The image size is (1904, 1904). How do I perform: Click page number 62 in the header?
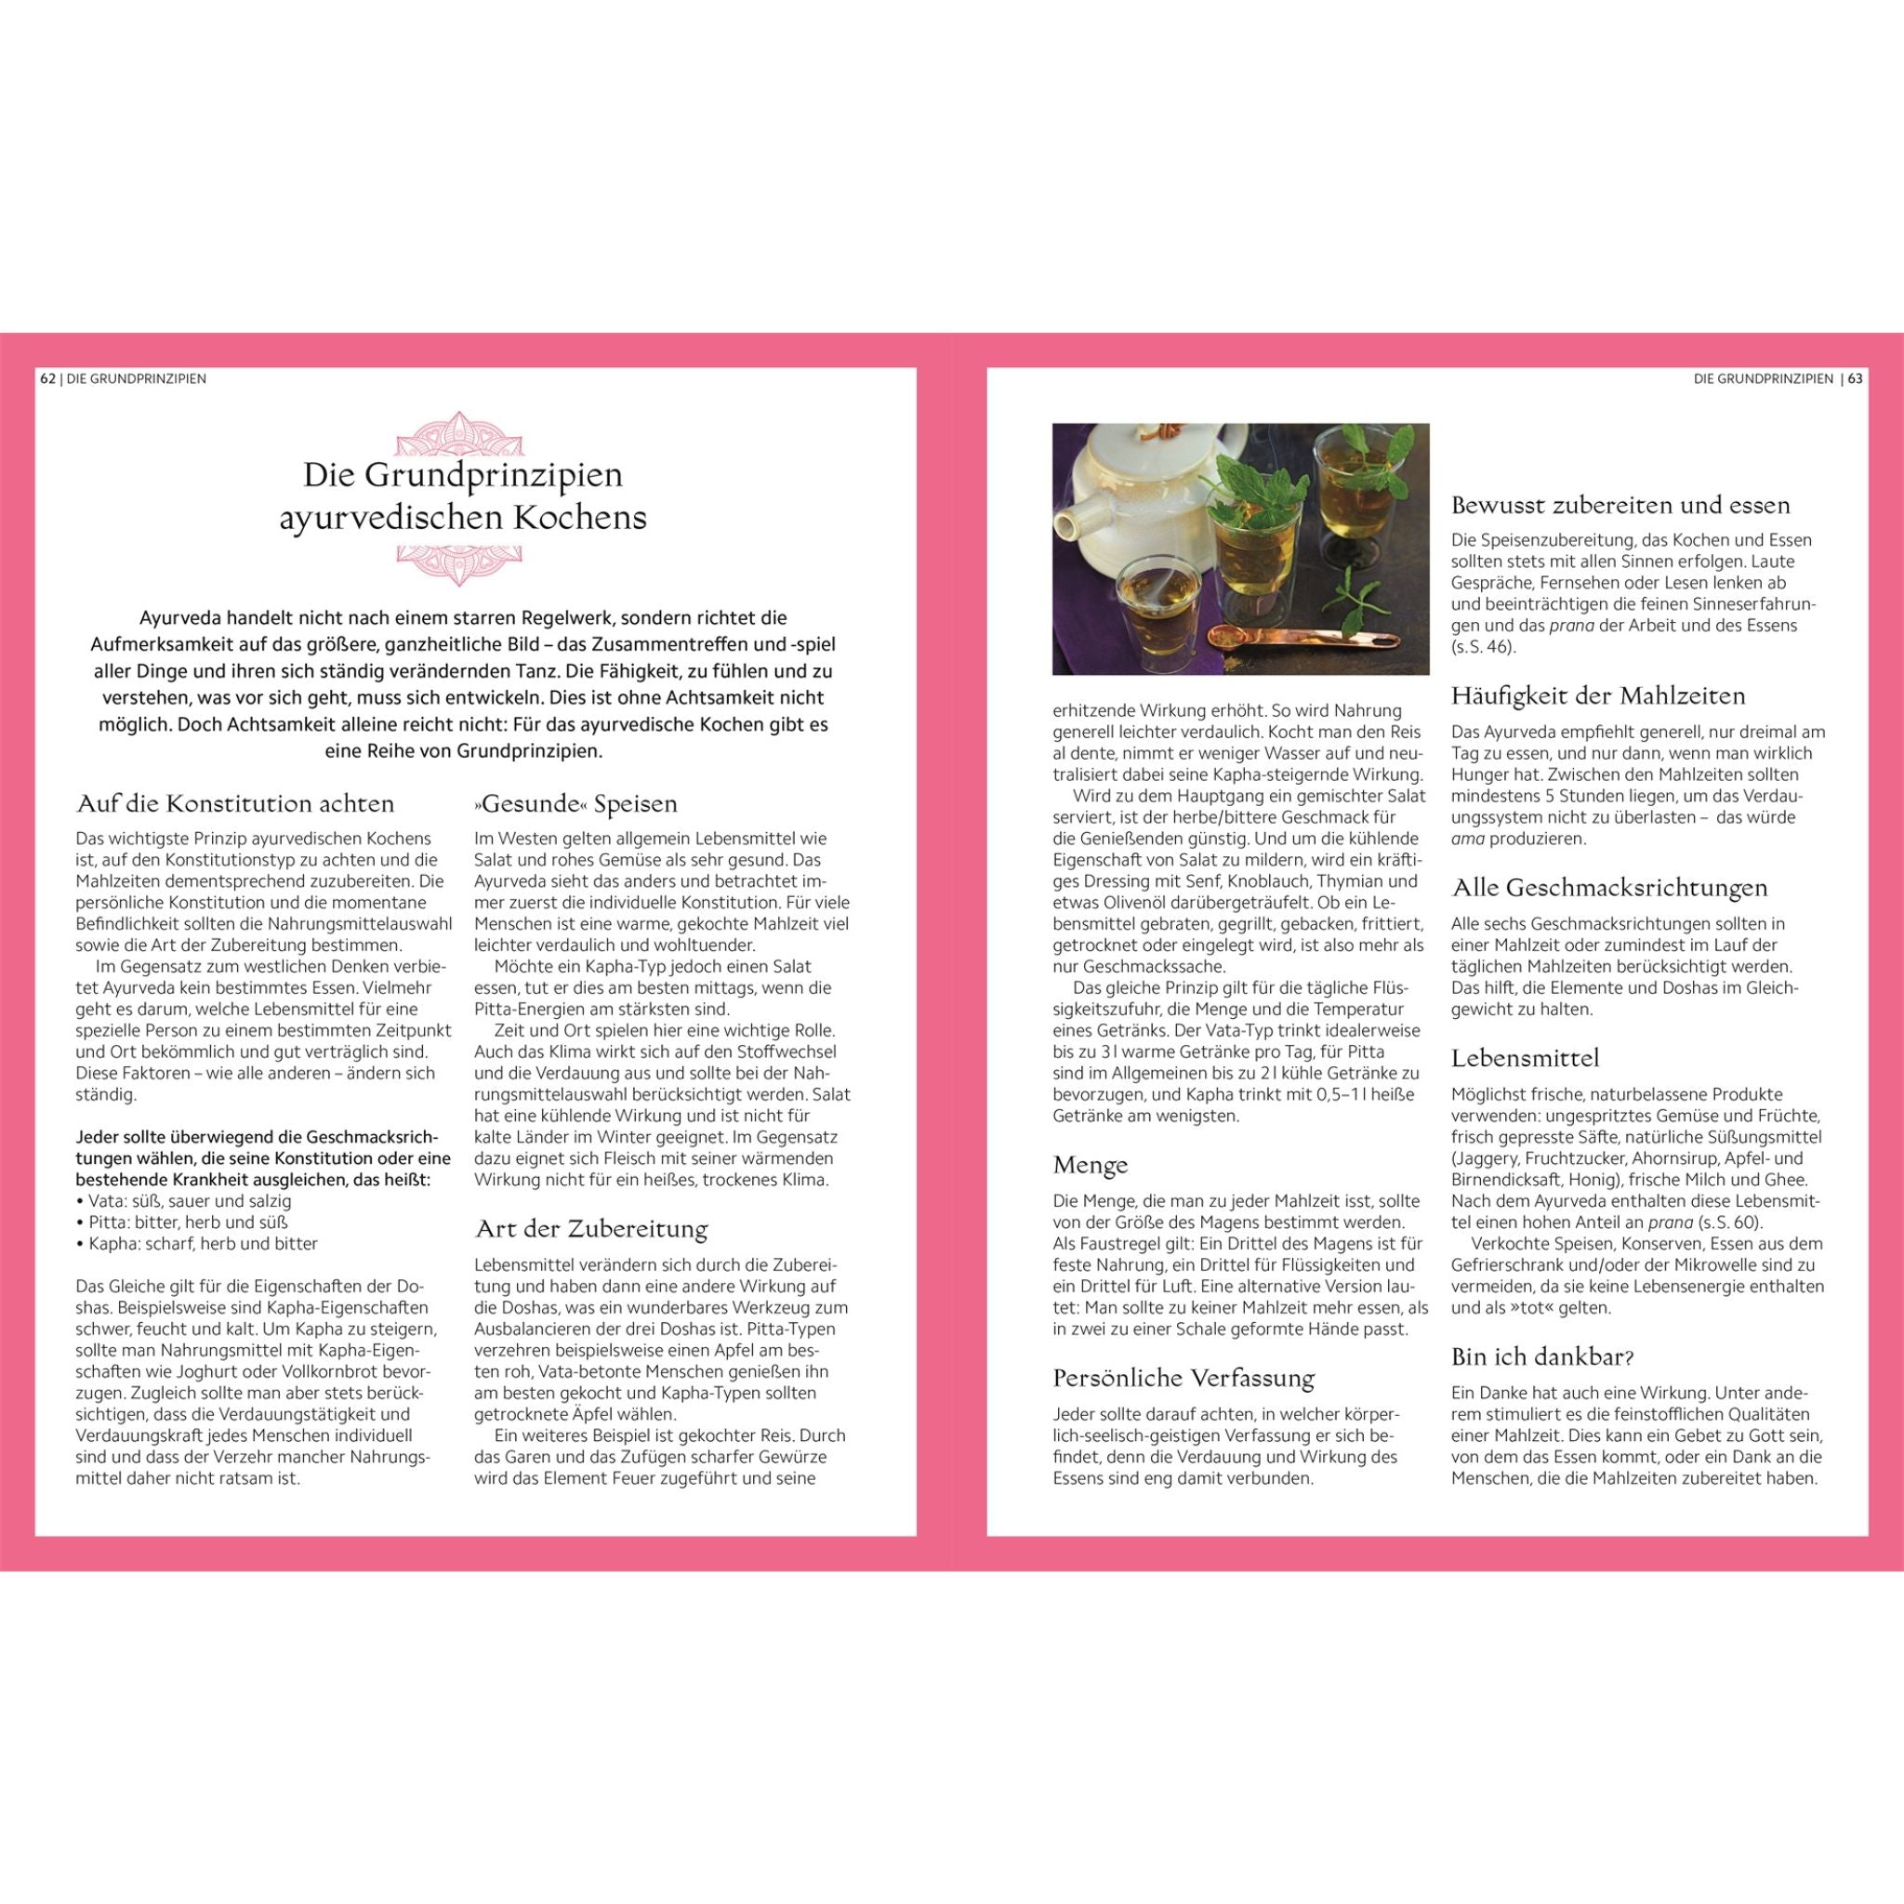[47, 378]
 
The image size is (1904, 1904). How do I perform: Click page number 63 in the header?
[1855, 378]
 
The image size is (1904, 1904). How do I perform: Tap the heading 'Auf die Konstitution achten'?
[235, 803]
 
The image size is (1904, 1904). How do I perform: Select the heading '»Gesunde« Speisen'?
[575, 803]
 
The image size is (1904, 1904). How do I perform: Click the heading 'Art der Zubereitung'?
[591, 1229]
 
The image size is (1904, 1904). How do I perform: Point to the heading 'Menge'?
[1090, 1165]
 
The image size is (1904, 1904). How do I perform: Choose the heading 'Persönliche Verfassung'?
[1183, 1378]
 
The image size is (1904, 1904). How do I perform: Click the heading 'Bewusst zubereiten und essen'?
[1620, 506]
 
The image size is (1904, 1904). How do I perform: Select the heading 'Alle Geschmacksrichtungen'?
[1609, 887]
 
